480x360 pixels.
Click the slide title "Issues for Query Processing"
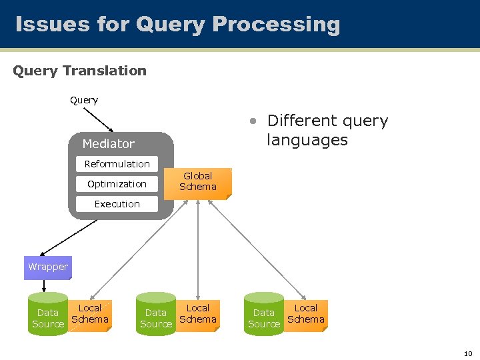tap(177, 25)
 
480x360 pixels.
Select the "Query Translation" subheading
tap(79, 71)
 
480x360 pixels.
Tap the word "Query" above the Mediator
tap(84, 100)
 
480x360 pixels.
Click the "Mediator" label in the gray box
tap(108, 144)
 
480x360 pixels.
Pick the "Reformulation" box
tap(117, 164)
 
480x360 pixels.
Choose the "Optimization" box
tap(117, 184)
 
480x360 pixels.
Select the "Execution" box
tap(117, 204)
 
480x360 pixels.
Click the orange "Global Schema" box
tap(198, 182)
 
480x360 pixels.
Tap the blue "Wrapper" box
tap(48, 267)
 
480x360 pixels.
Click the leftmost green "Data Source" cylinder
tap(48, 315)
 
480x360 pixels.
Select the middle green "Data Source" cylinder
tap(155, 315)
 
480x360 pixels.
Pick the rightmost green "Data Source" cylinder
tap(264, 315)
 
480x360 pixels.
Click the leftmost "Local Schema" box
tap(90, 314)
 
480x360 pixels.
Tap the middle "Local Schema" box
tap(198, 314)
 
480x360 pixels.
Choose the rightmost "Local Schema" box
tap(306, 314)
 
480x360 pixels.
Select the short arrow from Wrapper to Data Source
tap(45, 285)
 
